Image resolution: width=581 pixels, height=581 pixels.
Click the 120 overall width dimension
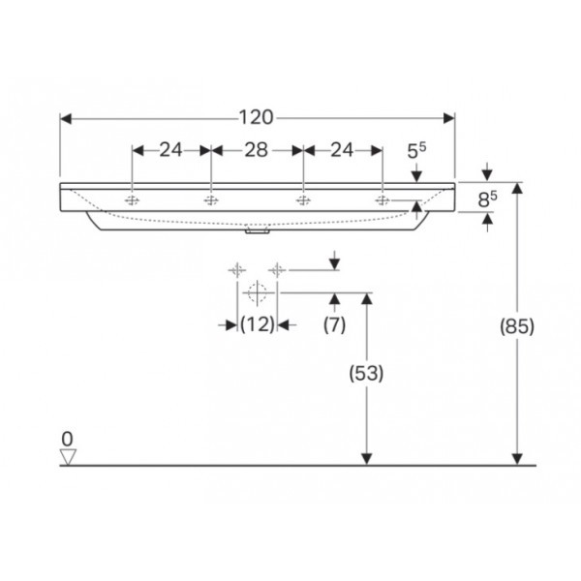[x=257, y=118]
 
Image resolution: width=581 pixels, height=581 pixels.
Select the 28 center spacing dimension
[x=257, y=150]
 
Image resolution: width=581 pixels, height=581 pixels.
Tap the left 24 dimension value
[x=171, y=150]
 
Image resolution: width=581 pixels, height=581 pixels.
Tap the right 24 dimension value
[x=342, y=150]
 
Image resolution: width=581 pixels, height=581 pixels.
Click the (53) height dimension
[x=367, y=373]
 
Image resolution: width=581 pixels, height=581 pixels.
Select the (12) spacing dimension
[x=258, y=326]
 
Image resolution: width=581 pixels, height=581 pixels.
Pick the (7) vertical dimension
[x=334, y=326]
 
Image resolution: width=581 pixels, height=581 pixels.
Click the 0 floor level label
[x=67, y=438]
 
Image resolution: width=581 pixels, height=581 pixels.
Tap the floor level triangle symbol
[x=67, y=455]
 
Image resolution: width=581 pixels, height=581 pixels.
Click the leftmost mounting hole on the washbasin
[x=133, y=200]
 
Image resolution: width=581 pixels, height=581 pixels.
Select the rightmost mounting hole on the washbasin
[x=383, y=200]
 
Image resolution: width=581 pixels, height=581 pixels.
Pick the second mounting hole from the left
[x=210, y=200]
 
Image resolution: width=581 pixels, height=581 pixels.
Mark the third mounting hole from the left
[x=303, y=200]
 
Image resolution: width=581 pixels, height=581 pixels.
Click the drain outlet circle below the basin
[x=258, y=290]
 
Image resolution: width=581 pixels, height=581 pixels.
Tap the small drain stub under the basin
[x=258, y=231]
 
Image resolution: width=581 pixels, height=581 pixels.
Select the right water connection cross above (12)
[x=278, y=269]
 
